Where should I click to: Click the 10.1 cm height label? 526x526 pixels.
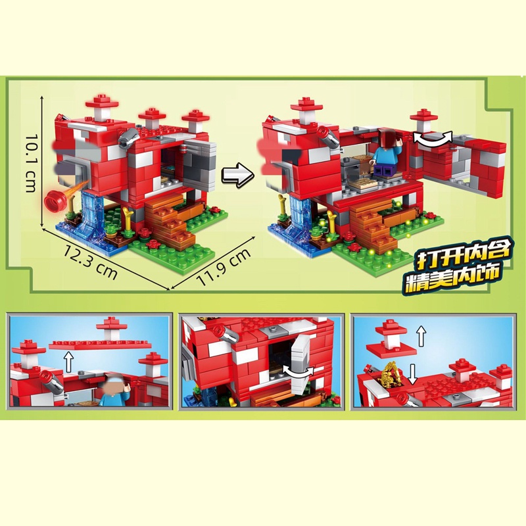click(31, 163)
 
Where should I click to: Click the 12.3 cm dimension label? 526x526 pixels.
click(91, 262)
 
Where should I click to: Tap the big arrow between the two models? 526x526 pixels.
click(237, 174)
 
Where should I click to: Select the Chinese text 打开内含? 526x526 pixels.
click(462, 254)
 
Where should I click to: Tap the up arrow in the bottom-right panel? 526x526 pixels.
click(421, 337)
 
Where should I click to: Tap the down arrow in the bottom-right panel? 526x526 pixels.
click(413, 374)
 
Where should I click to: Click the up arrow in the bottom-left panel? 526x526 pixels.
click(69, 361)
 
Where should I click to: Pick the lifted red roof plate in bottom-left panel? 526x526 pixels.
click(101, 345)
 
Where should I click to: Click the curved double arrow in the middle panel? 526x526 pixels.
click(298, 371)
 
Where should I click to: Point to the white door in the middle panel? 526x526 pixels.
click(302, 366)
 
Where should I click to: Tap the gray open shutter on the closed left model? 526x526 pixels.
click(201, 164)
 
